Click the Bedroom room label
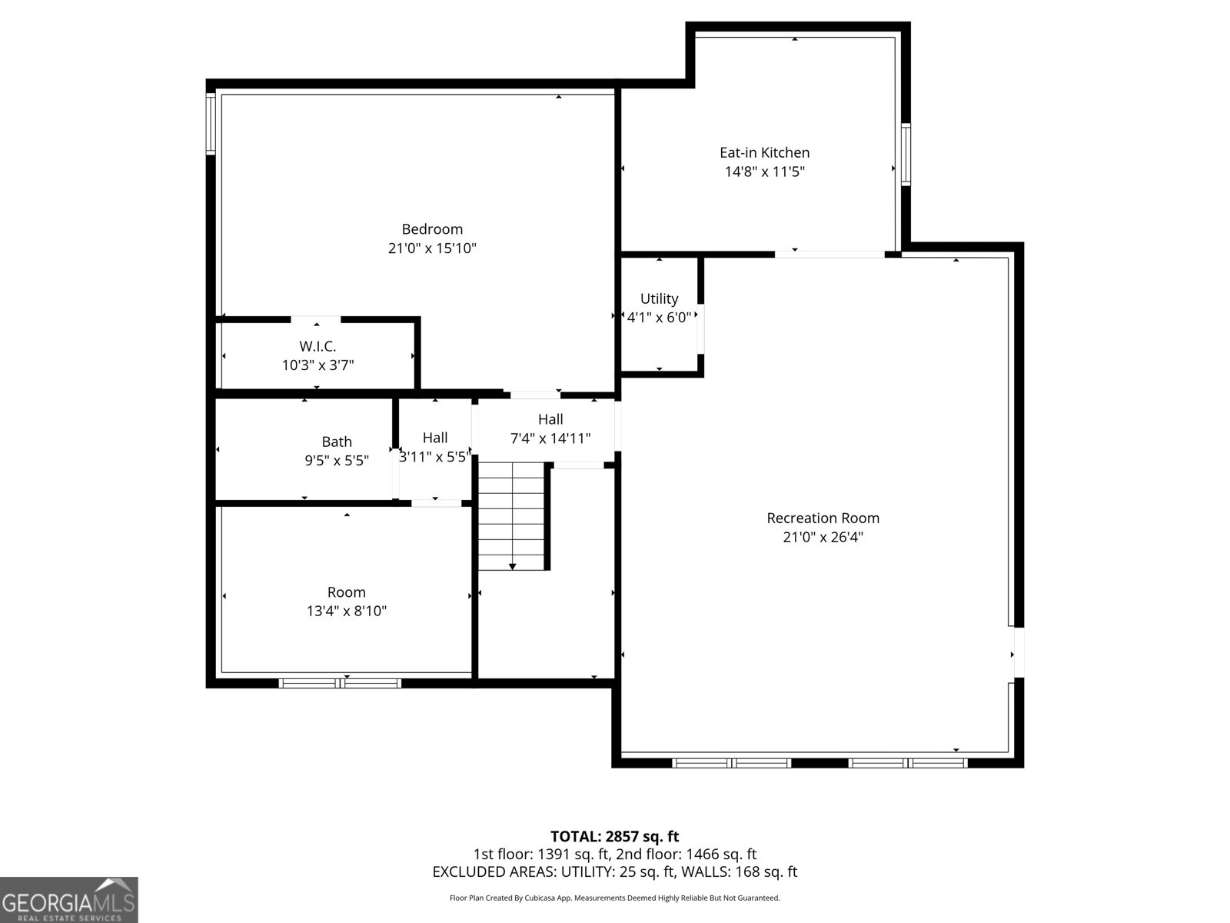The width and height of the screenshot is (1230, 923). tap(432, 229)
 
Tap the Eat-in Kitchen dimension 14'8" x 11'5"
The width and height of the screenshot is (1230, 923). tap(764, 172)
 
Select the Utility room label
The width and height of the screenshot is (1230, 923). tap(659, 298)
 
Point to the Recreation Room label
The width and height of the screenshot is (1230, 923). tap(823, 518)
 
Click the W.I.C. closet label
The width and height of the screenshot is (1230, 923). tap(317, 346)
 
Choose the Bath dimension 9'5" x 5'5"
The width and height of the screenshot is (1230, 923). tap(337, 461)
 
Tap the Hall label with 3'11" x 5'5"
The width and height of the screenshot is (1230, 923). tap(435, 438)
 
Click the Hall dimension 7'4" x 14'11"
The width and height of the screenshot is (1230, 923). tap(550, 438)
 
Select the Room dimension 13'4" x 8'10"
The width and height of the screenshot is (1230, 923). tap(346, 611)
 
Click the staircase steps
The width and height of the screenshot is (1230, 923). tap(511, 511)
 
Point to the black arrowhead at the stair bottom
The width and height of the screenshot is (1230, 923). tap(512, 567)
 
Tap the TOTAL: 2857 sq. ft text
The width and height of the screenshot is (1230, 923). tap(614, 836)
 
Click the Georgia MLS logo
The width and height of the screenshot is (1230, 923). tap(68, 900)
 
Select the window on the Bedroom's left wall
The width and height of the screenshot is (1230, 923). tap(211, 123)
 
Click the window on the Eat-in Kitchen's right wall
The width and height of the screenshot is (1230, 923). tap(906, 154)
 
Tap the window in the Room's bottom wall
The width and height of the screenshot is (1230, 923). tap(340, 682)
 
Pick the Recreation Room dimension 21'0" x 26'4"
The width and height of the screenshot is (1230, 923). tap(823, 538)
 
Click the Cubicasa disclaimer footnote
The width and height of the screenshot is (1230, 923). tap(614, 898)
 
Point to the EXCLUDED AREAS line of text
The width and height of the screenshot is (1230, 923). tap(614, 871)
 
